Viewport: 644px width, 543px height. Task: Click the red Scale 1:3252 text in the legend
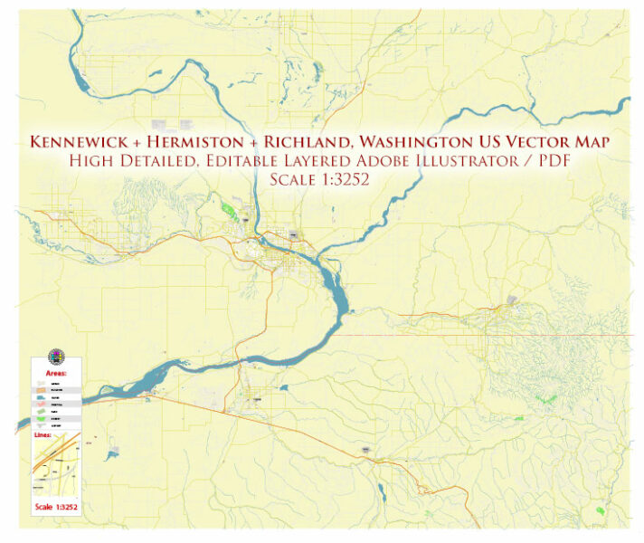pyautogui.click(x=56, y=507)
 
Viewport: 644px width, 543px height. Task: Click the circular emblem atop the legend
pyautogui.click(x=56, y=357)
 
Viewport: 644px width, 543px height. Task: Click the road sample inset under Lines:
pyautogui.click(x=56, y=466)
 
